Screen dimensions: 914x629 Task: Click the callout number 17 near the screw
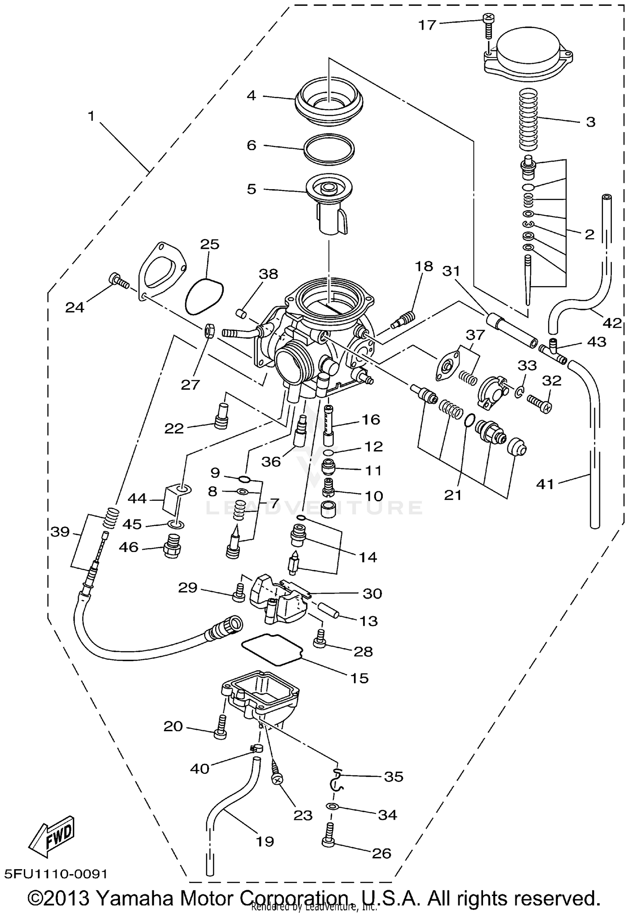pos(427,25)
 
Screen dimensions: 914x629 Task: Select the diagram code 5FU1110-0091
pos(56,874)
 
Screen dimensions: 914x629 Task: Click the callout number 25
pos(210,244)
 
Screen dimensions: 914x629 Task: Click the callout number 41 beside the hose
pos(545,484)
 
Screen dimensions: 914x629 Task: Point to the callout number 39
pos(60,532)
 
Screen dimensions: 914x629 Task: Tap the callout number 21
pos(453,495)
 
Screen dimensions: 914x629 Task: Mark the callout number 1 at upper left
pos(91,116)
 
